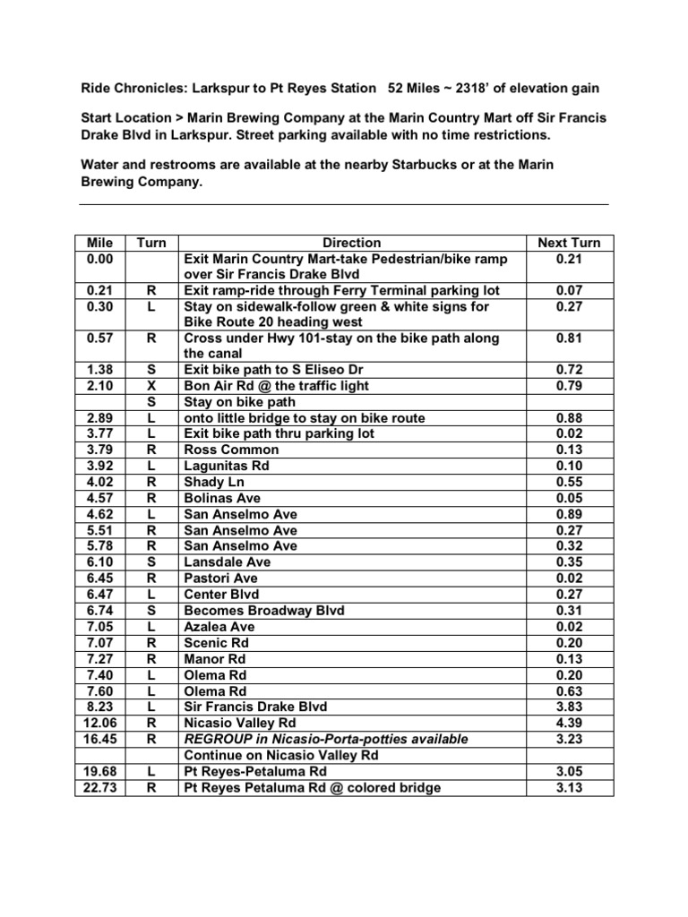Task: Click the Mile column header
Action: point(100,243)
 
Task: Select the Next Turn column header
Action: point(569,243)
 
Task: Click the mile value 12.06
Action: point(100,723)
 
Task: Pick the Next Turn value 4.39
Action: point(569,723)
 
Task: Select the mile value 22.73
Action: point(100,787)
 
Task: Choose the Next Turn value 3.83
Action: point(569,707)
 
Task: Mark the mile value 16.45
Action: point(100,739)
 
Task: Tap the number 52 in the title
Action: point(396,88)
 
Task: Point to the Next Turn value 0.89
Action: point(569,514)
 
